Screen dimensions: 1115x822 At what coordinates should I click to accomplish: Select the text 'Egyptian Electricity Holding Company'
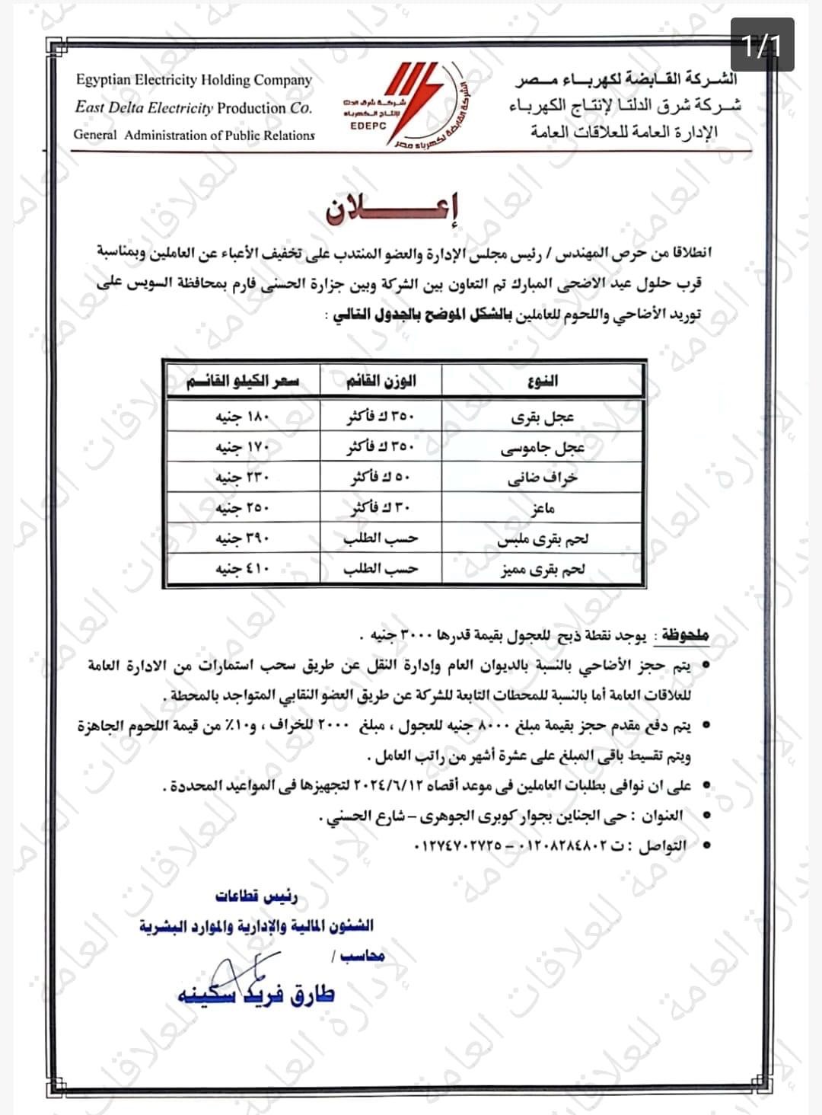[x=194, y=80]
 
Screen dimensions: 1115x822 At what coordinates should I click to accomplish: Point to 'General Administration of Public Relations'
[x=194, y=136]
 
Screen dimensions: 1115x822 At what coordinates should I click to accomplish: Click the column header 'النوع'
[x=543, y=380]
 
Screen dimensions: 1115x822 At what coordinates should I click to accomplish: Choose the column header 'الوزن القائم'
[x=381, y=380]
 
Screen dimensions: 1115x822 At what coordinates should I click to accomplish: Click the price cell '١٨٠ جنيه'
[x=243, y=417]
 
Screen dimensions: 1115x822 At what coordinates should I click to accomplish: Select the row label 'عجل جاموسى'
[x=543, y=448]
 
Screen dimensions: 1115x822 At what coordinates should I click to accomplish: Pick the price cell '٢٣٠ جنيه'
[x=243, y=478]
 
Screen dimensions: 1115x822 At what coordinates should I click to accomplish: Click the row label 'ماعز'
[x=543, y=509]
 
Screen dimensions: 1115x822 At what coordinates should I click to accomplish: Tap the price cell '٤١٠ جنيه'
[x=243, y=569]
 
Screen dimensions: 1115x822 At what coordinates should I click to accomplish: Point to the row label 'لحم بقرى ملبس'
[x=543, y=539]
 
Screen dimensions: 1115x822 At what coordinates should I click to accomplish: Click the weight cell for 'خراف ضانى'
[x=381, y=478]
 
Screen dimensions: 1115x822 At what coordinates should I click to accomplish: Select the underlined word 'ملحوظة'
[x=684, y=635]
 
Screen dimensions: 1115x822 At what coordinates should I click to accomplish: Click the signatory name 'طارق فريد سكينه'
[x=256, y=995]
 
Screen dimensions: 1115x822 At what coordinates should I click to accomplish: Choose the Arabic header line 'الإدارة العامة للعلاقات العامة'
[x=624, y=132]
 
